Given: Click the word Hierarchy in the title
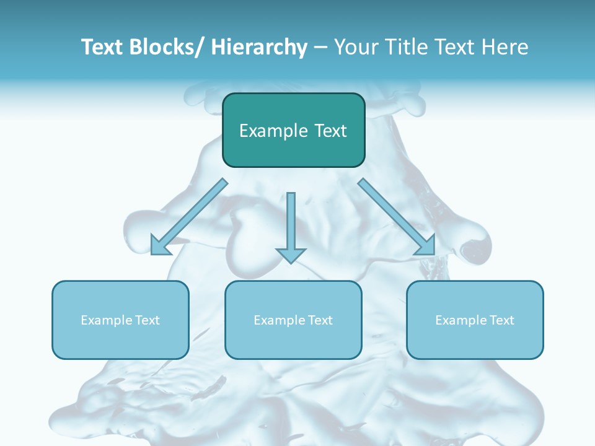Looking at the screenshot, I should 259,47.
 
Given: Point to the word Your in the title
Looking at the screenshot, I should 354,47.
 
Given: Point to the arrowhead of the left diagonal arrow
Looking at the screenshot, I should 160,246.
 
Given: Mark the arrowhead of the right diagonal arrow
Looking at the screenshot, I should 427,246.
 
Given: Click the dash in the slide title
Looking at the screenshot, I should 320,47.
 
